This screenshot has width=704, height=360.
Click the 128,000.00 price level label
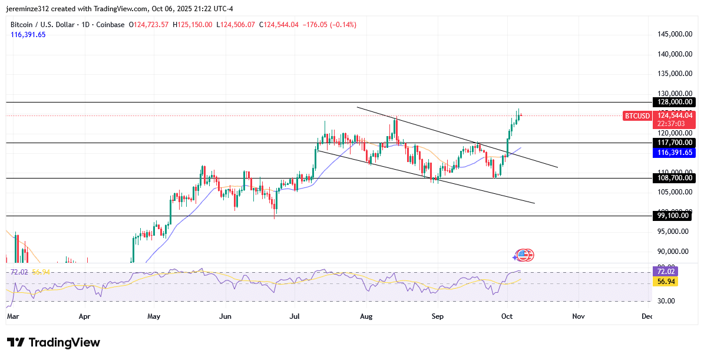(675, 102)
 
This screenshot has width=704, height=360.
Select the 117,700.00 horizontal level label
(675, 143)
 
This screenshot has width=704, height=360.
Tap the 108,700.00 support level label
(675, 177)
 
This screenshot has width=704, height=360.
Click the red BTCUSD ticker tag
(637, 116)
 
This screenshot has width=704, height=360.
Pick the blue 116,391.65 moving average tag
(675, 152)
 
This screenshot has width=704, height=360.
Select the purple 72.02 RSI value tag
(666, 272)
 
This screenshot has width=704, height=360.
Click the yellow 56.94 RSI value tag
(666, 282)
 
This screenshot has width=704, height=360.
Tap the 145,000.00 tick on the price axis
(675, 34)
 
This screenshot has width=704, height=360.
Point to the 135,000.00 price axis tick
(675, 74)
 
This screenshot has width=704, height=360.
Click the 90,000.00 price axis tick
(673, 251)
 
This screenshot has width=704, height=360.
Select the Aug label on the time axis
(366, 316)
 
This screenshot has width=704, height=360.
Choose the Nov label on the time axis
(579, 316)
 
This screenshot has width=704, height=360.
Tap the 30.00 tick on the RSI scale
(666, 301)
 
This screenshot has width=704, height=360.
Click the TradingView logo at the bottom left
(54, 342)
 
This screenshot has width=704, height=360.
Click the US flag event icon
(524, 255)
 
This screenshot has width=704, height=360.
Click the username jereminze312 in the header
(31, 8)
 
